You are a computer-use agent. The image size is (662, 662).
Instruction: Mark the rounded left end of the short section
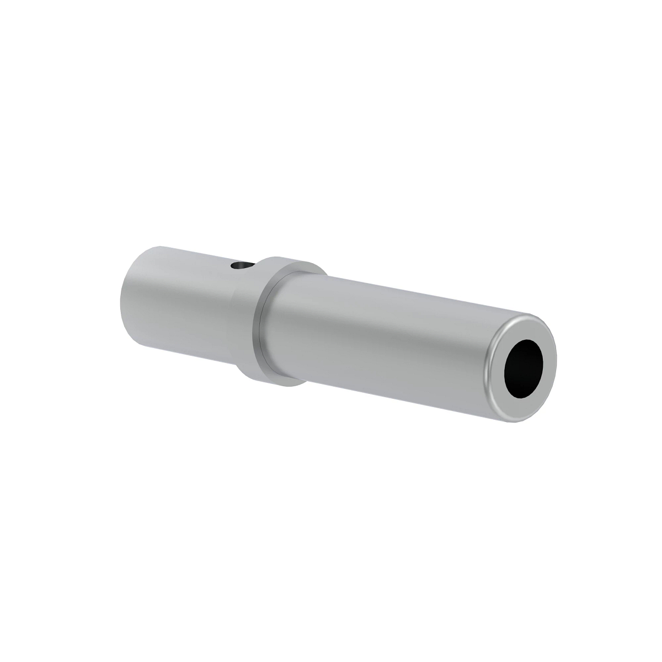pyautogui.click(x=126, y=301)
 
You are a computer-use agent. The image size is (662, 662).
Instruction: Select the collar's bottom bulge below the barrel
pyautogui.click(x=276, y=380)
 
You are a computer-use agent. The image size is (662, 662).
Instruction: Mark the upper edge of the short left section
pyautogui.click(x=188, y=250)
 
